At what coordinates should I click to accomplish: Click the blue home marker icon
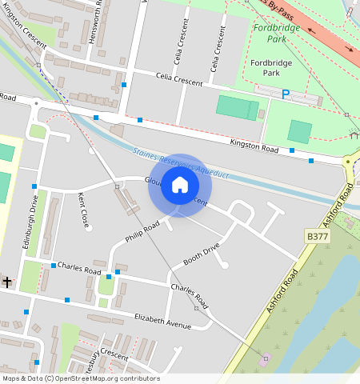(x=180, y=186)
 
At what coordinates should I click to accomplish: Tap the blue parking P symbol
(x=286, y=94)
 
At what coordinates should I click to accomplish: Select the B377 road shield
(x=318, y=236)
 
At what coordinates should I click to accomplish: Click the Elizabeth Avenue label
(x=163, y=322)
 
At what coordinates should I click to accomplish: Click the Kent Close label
(x=83, y=209)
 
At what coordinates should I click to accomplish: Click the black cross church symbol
(x=6, y=282)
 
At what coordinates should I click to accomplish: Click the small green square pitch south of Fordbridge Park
(x=300, y=131)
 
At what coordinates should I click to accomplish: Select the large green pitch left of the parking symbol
(x=238, y=107)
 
